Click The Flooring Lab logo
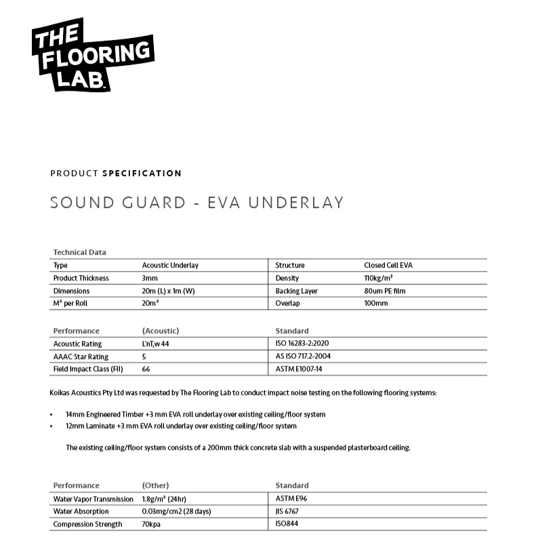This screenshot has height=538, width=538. (92, 54)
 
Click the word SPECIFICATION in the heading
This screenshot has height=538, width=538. (142, 173)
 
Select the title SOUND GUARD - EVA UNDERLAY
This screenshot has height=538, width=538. (196, 203)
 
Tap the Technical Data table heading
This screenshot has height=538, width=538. (79, 252)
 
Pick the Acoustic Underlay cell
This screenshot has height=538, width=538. (170, 266)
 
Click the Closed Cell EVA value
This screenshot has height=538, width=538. (388, 266)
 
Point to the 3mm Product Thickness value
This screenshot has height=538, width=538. (150, 278)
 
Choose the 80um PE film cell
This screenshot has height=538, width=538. (385, 291)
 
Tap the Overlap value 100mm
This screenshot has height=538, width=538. (376, 304)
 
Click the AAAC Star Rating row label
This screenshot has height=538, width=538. (81, 356)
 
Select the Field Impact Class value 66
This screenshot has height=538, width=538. (146, 369)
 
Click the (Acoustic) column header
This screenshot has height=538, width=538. (160, 331)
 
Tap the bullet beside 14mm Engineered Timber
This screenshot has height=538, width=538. (52, 414)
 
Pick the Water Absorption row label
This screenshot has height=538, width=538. (81, 512)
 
